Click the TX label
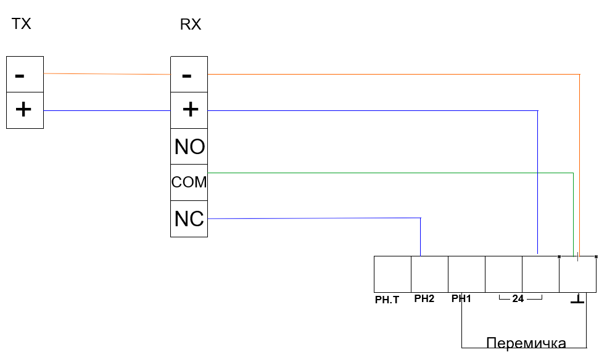tap(21, 25)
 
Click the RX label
tap(190, 25)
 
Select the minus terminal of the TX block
tap(25, 75)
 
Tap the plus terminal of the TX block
tap(25, 110)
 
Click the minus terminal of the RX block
tap(189, 75)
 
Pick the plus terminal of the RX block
tap(189, 110)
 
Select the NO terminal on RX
tap(189, 147)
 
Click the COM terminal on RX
tap(189, 182)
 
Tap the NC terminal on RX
tap(189, 219)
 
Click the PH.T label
tap(387, 300)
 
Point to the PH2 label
tap(424, 300)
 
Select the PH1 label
tap(461, 300)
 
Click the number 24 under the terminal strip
tap(518, 300)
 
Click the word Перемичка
tap(526, 343)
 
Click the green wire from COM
tap(389, 173)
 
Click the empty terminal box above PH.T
tap(392, 274)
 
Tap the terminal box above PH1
tap(466, 274)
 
